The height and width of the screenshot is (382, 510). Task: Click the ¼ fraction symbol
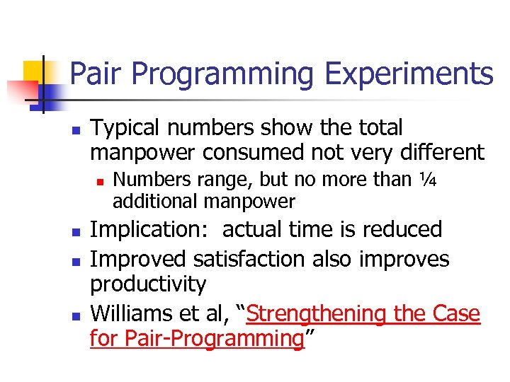428,180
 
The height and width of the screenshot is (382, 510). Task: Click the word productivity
148,285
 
